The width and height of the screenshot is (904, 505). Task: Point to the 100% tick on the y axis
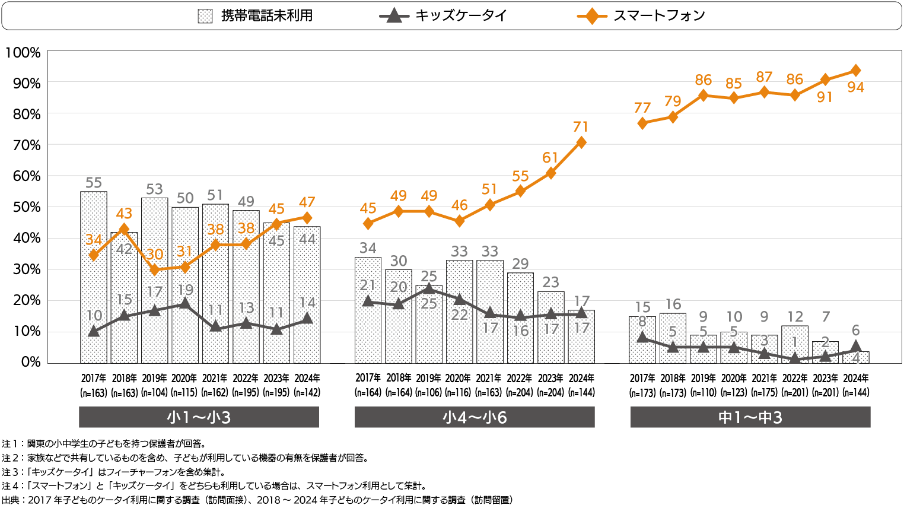23,53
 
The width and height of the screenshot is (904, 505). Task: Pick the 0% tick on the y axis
30,362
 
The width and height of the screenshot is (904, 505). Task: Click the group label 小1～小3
199,417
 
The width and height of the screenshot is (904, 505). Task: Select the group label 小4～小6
475,417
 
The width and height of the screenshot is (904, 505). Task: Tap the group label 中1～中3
750,417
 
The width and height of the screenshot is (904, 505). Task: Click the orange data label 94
855,87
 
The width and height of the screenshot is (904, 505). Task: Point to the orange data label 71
581,126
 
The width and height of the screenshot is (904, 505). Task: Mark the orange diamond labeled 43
124,229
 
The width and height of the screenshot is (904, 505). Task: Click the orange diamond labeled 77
642,123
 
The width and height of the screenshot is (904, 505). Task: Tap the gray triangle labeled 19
185,304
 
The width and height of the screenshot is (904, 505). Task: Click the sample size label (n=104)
154,393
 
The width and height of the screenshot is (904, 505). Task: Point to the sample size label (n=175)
764,393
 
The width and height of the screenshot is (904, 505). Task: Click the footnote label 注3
10,472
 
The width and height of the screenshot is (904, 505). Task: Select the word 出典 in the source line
10,500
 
